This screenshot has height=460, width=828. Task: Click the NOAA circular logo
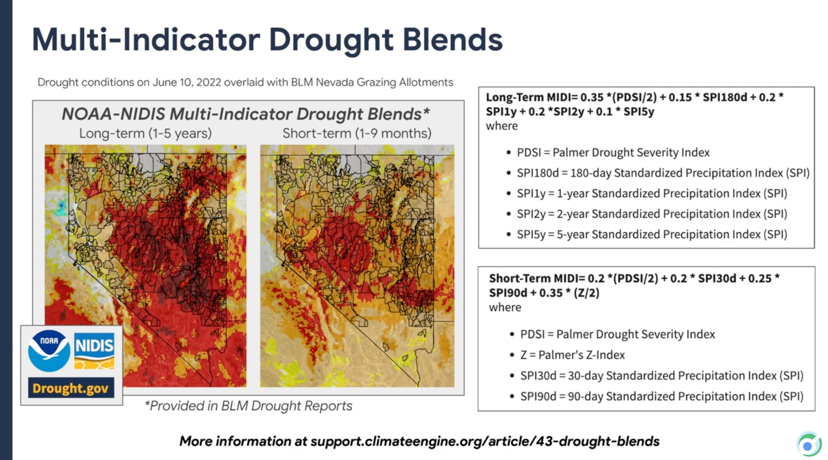[x=49, y=351]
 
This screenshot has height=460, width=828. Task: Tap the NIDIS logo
[x=94, y=351]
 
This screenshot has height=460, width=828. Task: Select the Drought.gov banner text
[x=71, y=388]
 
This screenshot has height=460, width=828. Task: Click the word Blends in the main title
[x=453, y=39]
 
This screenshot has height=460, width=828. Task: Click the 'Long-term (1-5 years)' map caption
[x=145, y=133]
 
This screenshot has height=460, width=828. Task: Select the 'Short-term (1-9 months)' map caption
[x=357, y=133]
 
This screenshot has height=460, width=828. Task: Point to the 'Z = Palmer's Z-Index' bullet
[x=568, y=355]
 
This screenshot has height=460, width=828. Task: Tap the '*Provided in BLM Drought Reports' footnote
[x=249, y=406]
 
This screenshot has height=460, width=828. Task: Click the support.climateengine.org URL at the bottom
[x=485, y=441]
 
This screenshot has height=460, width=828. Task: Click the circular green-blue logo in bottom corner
[x=809, y=444]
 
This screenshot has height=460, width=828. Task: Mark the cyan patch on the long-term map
[x=61, y=207]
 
